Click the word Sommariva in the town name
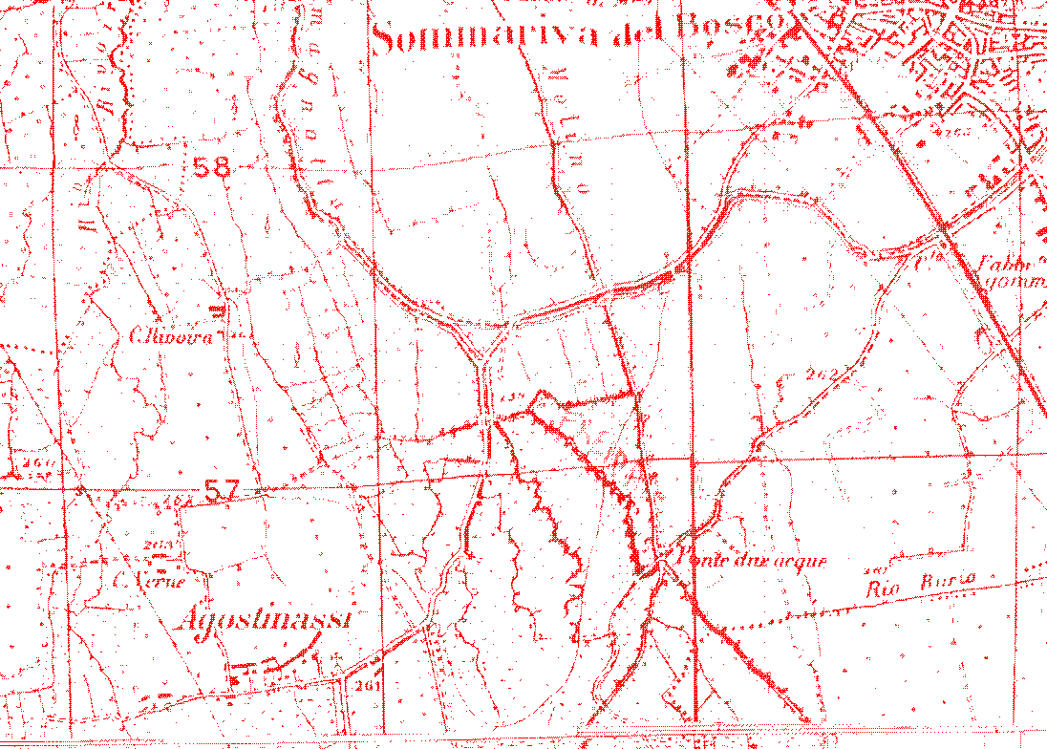click(x=487, y=37)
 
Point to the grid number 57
click(x=221, y=491)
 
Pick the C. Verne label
click(x=147, y=579)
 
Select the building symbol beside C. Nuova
click(x=219, y=310)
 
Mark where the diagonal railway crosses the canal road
click(x=943, y=228)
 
